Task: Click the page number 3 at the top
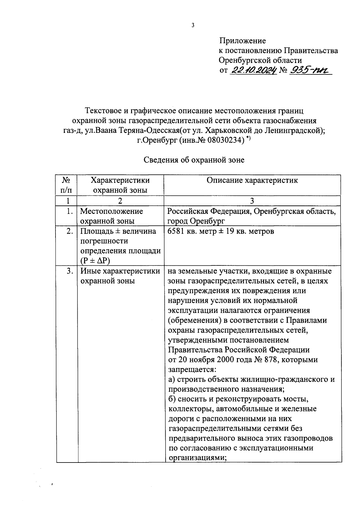193,25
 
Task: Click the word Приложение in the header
242,40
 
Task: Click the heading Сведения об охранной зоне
194,160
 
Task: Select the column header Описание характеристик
252,180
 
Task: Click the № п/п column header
66,185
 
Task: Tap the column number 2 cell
120,201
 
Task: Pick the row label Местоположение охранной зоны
111,216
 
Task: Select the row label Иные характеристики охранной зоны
120,276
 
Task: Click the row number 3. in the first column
70,271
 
